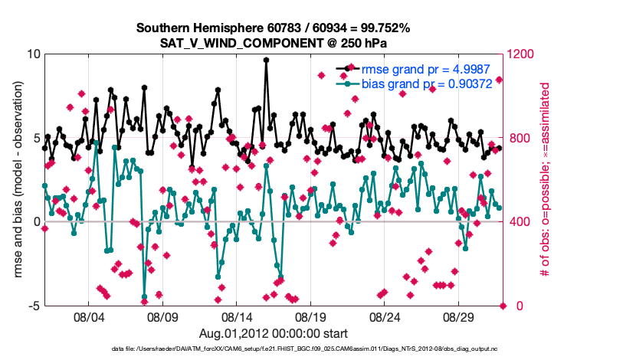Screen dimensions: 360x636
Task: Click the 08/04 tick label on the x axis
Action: click(x=88, y=316)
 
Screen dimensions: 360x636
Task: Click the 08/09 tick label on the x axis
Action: click(x=162, y=316)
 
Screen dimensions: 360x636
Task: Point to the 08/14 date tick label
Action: click(x=237, y=316)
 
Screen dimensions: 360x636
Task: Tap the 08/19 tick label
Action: click(x=311, y=316)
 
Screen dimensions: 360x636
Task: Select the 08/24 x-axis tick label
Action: click(x=385, y=316)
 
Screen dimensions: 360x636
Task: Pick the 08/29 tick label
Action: click(x=460, y=316)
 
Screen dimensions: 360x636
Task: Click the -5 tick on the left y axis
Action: click(x=34, y=306)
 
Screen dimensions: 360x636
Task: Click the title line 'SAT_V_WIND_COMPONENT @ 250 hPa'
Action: click(x=274, y=43)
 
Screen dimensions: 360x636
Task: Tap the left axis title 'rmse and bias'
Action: click(x=16, y=180)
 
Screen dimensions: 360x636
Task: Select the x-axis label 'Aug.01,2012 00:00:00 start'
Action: click(x=274, y=333)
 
